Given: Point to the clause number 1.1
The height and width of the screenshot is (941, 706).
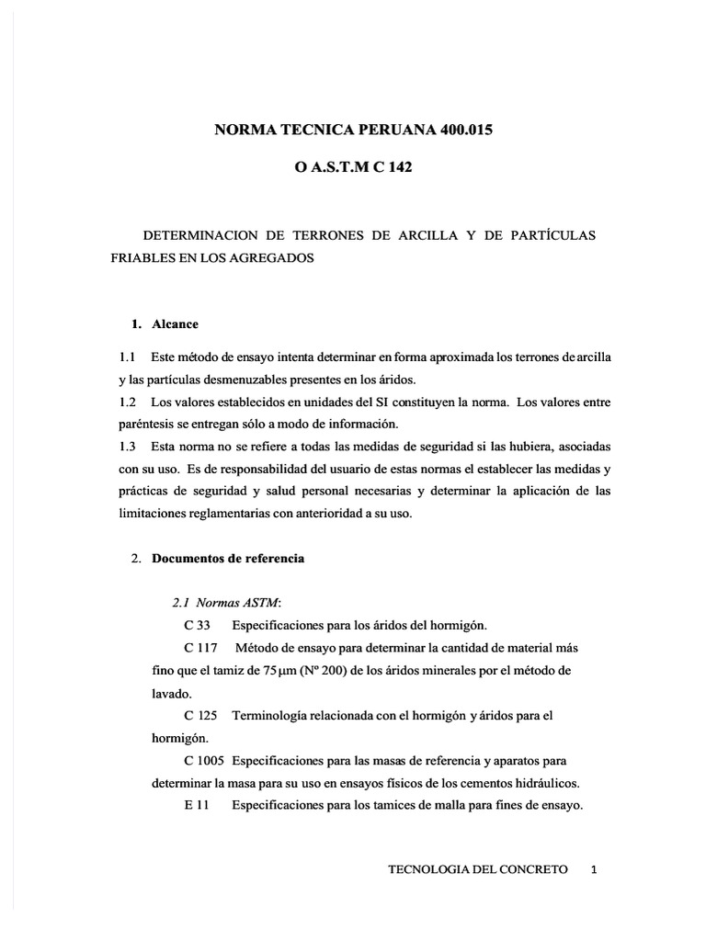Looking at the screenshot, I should pyautogui.click(x=128, y=356).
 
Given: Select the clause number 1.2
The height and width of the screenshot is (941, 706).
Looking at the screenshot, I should pyautogui.click(x=128, y=402).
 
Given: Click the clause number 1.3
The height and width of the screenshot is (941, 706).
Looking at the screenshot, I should pyautogui.click(x=128, y=446).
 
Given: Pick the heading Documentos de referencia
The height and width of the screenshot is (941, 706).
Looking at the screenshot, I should pyautogui.click(x=228, y=558).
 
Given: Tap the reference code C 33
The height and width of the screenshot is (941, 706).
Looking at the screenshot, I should pyautogui.click(x=197, y=625).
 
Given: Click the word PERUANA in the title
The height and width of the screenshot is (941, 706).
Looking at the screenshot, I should pyautogui.click(x=366, y=130).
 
